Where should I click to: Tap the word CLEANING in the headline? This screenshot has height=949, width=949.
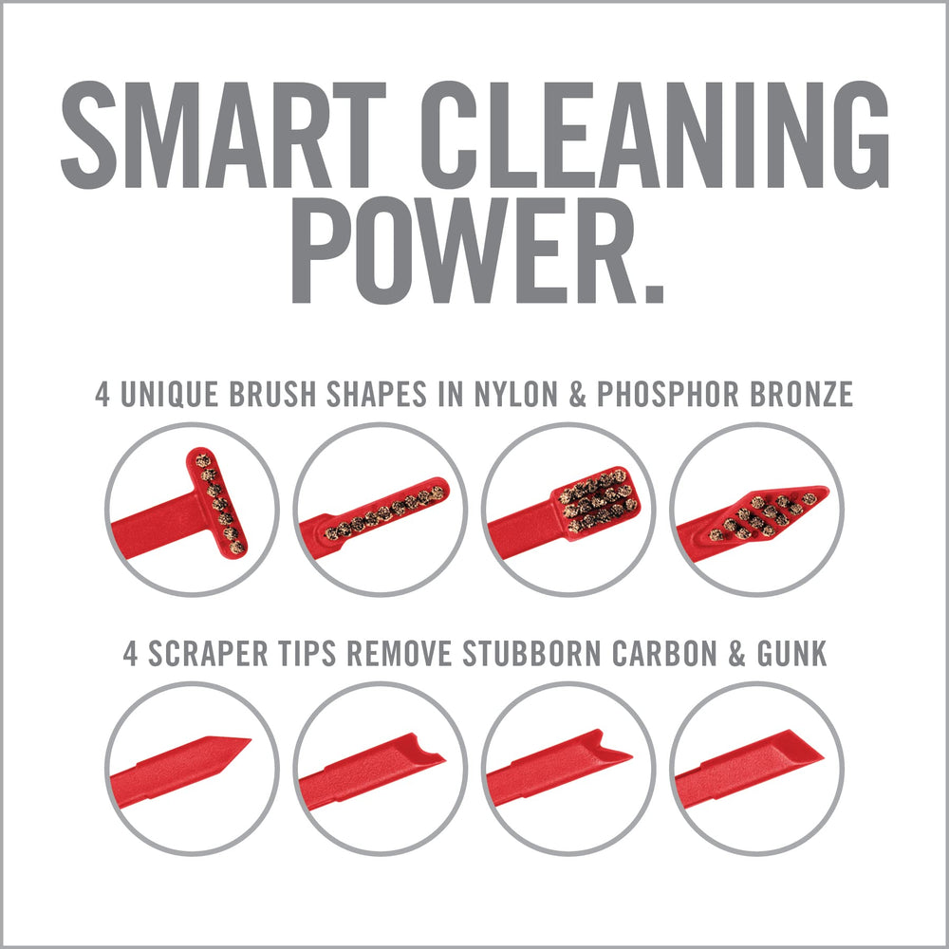point(646,136)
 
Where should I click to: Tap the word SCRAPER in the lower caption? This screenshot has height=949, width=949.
point(201,654)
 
